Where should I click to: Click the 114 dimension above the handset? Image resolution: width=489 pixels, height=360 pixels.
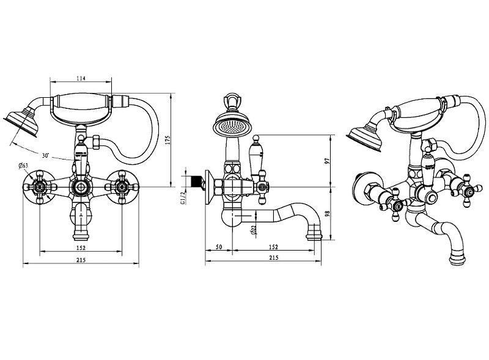click(81, 78)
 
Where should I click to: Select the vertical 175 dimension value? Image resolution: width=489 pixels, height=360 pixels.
click(167, 140)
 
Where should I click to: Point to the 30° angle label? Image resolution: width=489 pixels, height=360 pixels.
click(45, 155)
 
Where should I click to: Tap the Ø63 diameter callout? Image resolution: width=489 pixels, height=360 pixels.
click(23, 166)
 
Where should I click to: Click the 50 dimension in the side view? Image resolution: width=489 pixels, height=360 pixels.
click(219, 247)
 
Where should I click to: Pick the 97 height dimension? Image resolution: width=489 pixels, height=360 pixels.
click(327, 161)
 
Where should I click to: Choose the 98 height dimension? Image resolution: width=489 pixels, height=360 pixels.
click(327, 214)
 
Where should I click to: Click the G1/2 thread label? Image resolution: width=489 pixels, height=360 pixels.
click(183, 198)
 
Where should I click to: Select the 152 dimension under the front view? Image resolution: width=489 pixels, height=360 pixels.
click(81, 248)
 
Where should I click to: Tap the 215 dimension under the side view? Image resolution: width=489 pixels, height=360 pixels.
click(273, 257)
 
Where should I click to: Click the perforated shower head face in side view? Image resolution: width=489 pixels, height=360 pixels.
click(232, 127)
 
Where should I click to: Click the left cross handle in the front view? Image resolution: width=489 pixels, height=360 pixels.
click(40, 187)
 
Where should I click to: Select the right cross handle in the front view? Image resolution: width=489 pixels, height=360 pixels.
click(122, 187)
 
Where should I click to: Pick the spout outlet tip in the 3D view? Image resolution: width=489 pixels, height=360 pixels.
click(458, 260)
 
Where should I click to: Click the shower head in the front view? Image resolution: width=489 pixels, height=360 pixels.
click(21, 123)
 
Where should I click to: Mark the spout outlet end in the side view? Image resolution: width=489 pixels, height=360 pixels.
click(314, 236)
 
